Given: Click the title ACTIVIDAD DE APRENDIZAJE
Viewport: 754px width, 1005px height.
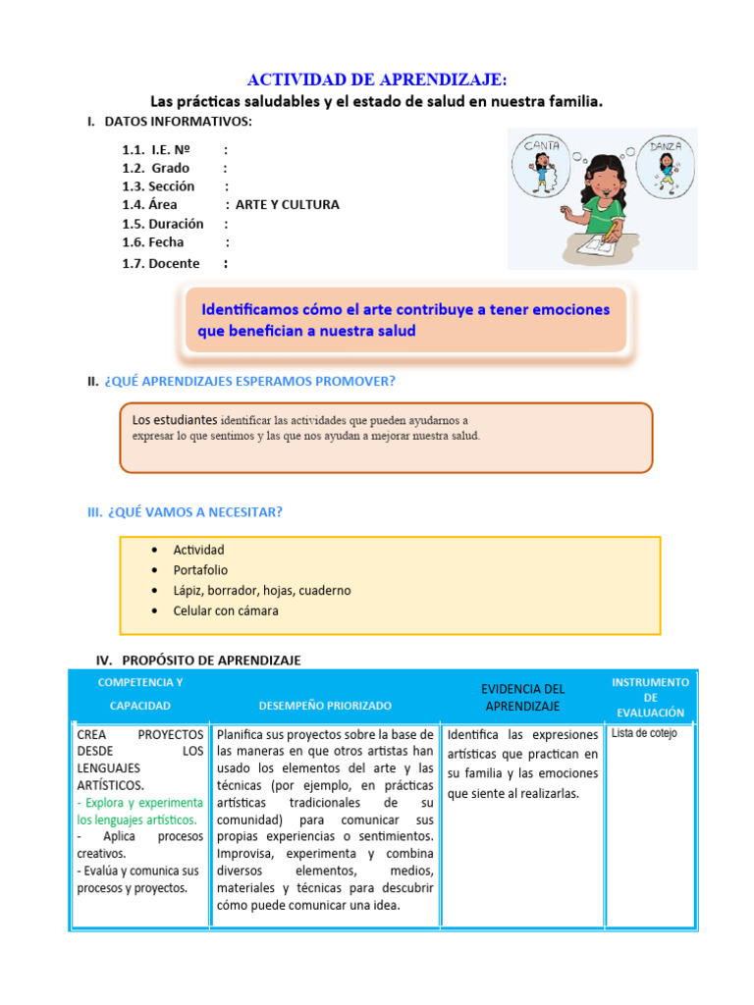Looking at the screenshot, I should (x=377, y=79).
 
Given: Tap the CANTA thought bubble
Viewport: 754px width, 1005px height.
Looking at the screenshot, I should (x=541, y=164).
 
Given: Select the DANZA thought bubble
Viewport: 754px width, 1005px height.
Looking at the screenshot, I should (x=666, y=164).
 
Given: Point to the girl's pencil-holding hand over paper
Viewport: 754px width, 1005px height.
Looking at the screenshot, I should (x=614, y=232).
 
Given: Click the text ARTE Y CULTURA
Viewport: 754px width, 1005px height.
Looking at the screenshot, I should (x=288, y=205).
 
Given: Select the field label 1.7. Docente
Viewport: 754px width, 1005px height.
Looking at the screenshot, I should (x=161, y=263).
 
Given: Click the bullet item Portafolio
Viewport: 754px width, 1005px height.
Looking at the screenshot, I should (x=200, y=570).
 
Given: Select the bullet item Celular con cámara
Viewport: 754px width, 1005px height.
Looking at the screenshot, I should (x=226, y=610).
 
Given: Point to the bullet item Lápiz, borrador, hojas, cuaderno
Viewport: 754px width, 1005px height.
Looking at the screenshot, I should (x=261, y=591).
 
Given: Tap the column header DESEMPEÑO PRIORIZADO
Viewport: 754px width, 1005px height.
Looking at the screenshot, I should (x=325, y=706).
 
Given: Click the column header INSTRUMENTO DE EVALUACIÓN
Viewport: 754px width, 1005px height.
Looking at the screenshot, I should (x=650, y=697).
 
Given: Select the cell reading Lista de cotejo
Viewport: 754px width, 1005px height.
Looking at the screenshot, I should (x=644, y=733).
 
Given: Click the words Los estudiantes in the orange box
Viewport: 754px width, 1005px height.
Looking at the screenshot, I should (x=175, y=420).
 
